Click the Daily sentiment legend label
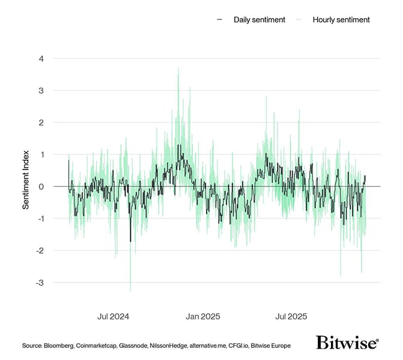coord(253,20)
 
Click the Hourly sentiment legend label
coord(341,20)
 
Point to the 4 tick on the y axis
coord(41,59)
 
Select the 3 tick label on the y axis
coord(41,91)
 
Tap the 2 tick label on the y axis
coord(41,123)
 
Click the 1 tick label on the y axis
coord(41,154)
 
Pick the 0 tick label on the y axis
coord(41,186)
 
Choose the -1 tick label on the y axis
coord(40,218)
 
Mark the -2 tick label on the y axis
coord(40,250)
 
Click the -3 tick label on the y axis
coord(40,282)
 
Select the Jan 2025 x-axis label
coord(202,316)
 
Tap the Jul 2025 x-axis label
coord(291,316)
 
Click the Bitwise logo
coord(347,343)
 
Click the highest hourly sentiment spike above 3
coord(178,69)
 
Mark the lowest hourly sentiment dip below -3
coord(130,291)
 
